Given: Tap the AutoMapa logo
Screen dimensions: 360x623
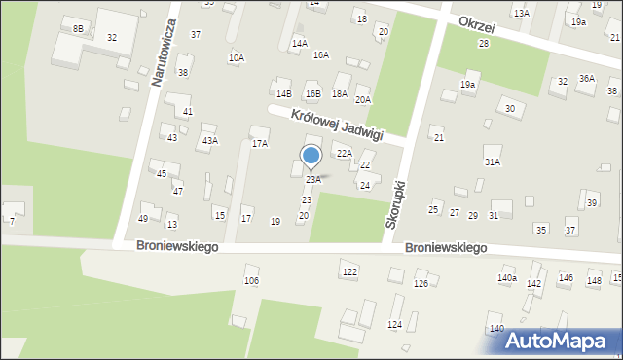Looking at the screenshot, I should pos(556,341).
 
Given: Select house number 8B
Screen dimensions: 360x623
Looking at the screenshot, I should pos(77,29).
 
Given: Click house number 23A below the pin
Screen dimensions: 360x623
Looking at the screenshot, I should pos(313,180).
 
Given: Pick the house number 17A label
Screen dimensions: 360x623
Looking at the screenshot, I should pos(260,144).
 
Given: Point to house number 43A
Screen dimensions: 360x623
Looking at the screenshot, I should pos(209,140).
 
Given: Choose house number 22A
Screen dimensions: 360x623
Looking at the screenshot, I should pos(344,154).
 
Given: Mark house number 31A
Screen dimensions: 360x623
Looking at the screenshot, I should pos(493,162).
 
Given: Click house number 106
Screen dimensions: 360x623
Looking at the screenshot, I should pos(251,280).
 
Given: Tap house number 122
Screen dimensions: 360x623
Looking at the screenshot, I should pos(349,271).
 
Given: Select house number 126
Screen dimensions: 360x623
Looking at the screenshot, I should pos(421,283).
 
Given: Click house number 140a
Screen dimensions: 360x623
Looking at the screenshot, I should pos(506,278).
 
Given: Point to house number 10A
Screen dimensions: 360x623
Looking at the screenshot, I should pos(236,58).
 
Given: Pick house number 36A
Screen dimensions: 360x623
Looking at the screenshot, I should pos(586,78).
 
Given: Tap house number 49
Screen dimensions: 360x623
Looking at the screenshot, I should pos(143,218).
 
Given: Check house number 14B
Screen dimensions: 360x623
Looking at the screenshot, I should pos(283,93).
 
